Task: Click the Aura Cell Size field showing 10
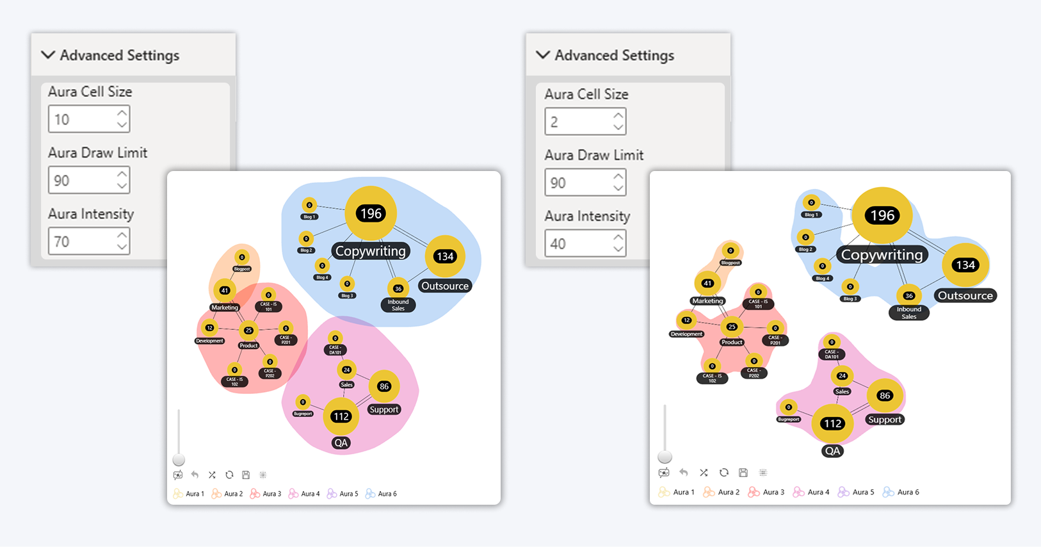(x=83, y=119)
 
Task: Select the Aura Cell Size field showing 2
(x=579, y=122)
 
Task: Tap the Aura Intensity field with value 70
(x=83, y=241)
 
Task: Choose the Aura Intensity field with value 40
(x=579, y=244)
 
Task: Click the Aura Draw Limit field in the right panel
(x=579, y=183)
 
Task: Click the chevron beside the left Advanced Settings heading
(x=48, y=55)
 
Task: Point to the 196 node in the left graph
(x=371, y=213)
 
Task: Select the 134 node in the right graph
(x=965, y=265)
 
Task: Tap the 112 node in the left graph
(x=341, y=416)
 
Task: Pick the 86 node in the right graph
(x=885, y=396)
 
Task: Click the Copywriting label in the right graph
(x=882, y=255)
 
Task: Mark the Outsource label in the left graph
(x=445, y=286)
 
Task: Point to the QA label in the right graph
(x=832, y=451)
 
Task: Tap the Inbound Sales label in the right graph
(x=908, y=313)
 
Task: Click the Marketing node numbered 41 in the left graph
(x=225, y=290)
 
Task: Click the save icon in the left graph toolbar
(x=246, y=475)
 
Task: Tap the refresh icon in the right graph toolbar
(x=723, y=473)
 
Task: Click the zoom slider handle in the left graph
(x=179, y=460)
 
